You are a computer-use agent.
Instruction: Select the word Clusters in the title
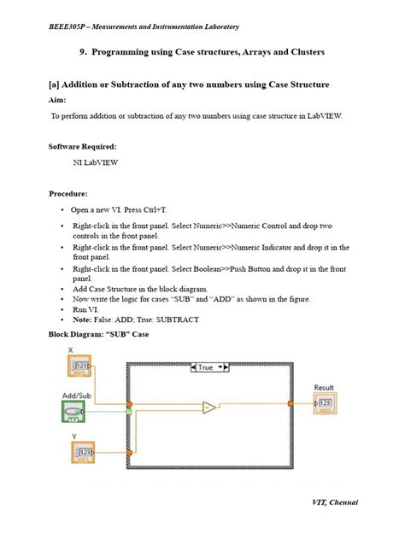pos(299,53)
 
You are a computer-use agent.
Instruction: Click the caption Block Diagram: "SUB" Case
pos(97,334)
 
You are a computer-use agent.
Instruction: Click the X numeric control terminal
pos(81,367)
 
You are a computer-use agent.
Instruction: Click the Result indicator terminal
pos(325,402)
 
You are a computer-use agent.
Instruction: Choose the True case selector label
pos(208,367)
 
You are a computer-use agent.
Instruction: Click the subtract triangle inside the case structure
pos(209,408)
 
